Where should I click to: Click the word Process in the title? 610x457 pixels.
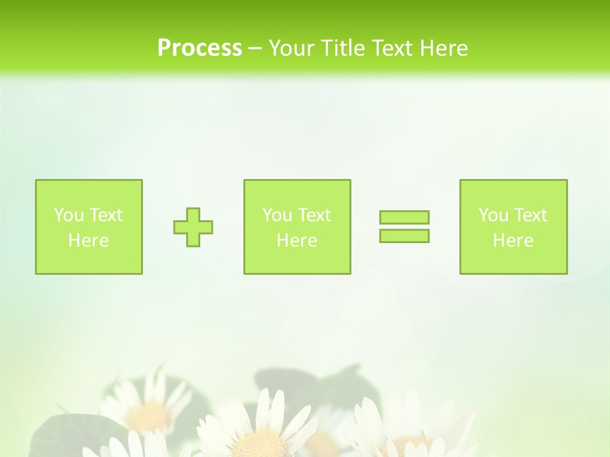click(x=200, y=48)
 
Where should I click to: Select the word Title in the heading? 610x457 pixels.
click(x=343, y=48)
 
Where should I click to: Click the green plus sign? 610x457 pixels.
click(x=193, y=227)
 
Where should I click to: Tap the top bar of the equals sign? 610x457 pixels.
click(x=404, y=217)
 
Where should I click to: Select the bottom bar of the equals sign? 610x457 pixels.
click(x=404, y=235)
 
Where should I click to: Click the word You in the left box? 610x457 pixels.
click(x=69, y=215)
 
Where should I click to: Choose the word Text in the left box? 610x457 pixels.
click(x=105, y=215)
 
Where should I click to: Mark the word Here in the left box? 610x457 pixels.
click(x=88, y=241)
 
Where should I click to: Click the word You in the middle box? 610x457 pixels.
click(x=277, y=215)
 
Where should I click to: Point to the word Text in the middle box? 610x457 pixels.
click(x=314, y=215)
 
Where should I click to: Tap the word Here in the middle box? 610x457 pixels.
click(x=297, y=241)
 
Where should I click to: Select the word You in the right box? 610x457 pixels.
click(x=493, y=215)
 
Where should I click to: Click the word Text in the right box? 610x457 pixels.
click(x=530, y=215)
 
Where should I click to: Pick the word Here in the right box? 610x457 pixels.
click(x=513, y=241)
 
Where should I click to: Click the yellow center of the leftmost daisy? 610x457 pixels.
click(x=147, y=416)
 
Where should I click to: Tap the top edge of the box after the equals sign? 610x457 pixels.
click(x=513, y=180)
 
